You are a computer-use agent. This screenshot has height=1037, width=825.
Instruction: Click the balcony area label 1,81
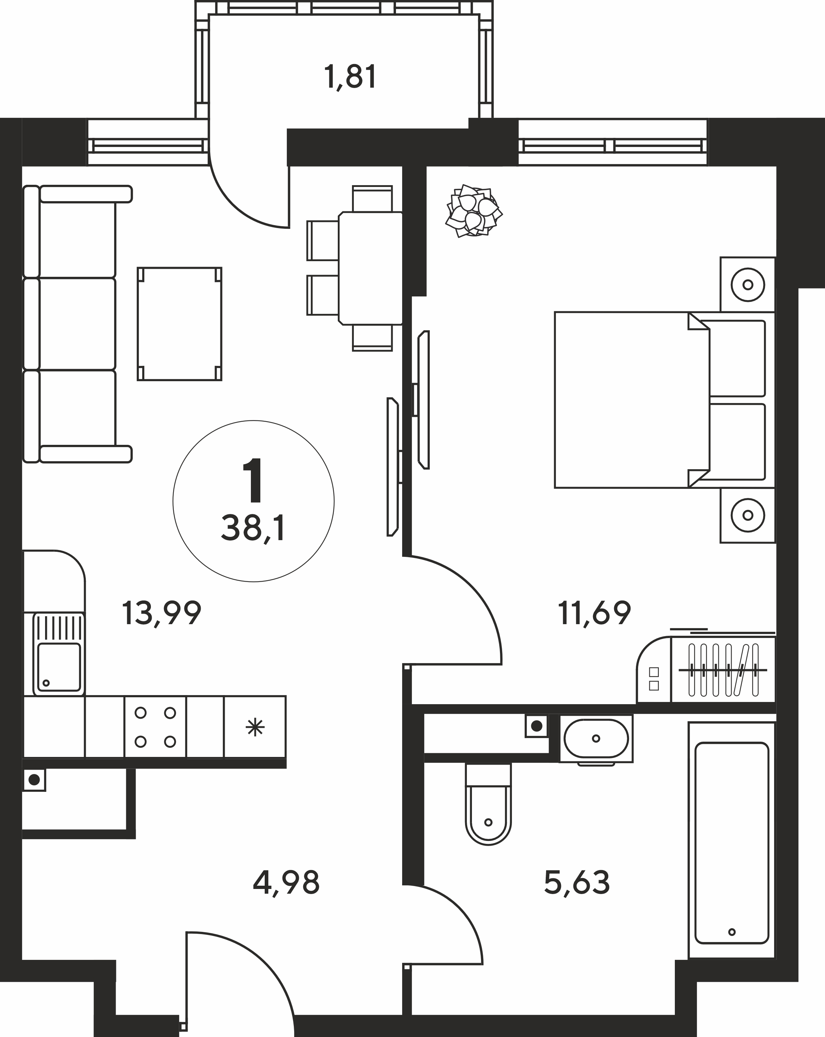[x=351, y=77]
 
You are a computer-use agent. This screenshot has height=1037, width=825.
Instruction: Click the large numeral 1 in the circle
[x=253, y=479]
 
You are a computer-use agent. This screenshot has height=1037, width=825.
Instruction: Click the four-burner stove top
[x=155, y=727]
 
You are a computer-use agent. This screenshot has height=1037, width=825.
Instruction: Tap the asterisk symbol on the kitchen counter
[x=255, y=727]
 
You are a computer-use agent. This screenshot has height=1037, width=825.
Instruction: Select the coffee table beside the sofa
[x=179, y=324]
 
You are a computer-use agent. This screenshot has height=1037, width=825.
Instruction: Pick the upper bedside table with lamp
[x=748, y=285]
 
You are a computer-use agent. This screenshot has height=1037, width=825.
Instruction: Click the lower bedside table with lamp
[x=748, y=515]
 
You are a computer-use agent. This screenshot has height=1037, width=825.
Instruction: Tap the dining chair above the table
[x=372, y=198]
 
